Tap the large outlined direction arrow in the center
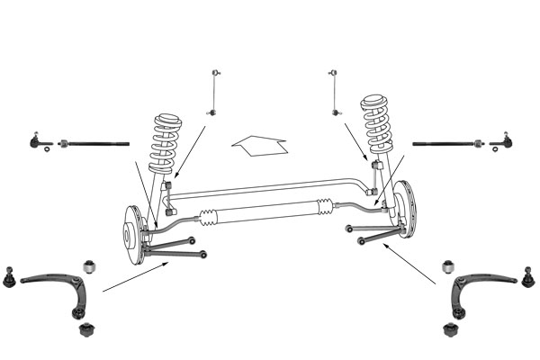click(x=258, y=143)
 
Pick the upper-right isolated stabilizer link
click(x=335, y=91)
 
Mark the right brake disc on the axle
click(x=405, y=211)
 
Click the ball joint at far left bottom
click(x=10, y=277)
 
